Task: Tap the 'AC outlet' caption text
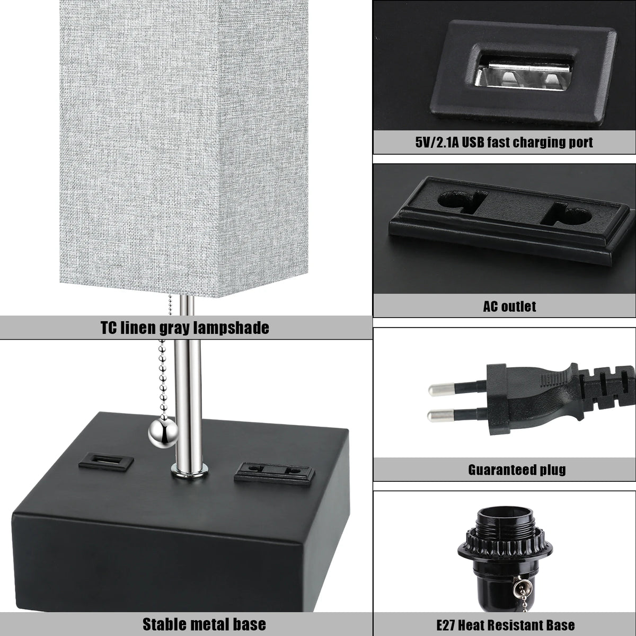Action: point(509,306)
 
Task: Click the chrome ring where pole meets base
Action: point(189,469)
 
